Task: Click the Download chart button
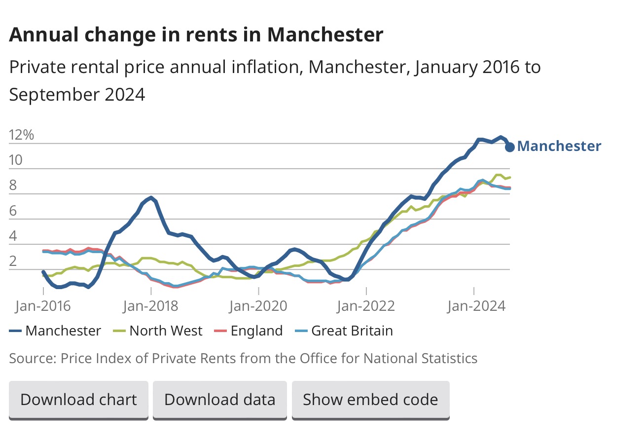pos(78,399)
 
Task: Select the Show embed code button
pos(370,399)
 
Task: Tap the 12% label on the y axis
pos(22,135)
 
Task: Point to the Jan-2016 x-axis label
pos(43,306)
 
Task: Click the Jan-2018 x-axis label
pos(150,306)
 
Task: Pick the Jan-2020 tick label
pos(258,306)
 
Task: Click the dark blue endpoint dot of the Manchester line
pos(510,147)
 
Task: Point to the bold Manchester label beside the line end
pos(560,146)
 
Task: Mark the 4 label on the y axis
pos(13,236)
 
